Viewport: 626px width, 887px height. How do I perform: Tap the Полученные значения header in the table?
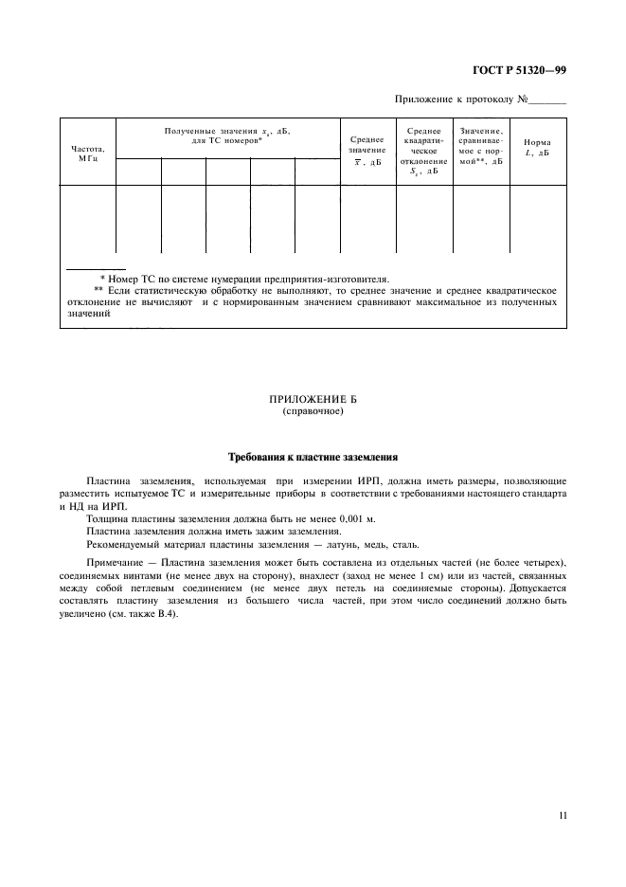point(227,135)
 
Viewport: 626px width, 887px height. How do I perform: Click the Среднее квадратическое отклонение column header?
point(423,151)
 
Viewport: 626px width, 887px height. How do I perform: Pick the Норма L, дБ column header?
point(538,147)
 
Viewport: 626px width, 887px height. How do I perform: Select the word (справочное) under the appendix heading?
point(312,413)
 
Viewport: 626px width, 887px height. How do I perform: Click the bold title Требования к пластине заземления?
point(312,456)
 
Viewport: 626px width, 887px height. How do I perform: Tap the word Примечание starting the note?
point(112,563)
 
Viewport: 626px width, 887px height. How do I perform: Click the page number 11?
point(562,814)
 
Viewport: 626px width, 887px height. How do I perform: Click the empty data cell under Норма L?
point(538,221)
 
